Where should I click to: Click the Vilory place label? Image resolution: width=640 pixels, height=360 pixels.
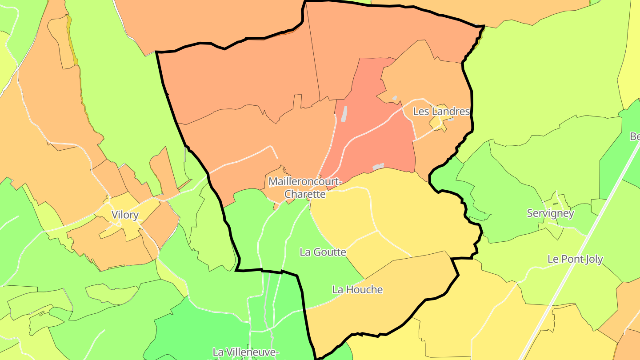(x=125, y=215)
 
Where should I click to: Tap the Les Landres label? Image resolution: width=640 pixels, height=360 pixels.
(x=441, y=112)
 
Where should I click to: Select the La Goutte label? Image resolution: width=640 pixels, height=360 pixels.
(x=323, y=252)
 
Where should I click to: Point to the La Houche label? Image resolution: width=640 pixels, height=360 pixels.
(x=357, y=290)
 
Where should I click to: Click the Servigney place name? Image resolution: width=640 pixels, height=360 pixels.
(x=550, y=213)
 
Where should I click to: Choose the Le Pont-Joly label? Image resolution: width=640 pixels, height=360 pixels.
(x=575, y=259)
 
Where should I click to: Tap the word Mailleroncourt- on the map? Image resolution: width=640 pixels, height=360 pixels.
(x=305, y=182)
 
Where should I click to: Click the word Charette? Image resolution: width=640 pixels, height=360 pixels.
(x=305, y=194)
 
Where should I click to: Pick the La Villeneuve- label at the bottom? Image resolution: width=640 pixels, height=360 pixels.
(x=245, y=352)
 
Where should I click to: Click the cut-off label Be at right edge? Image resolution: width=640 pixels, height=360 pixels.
(x=635, y=136)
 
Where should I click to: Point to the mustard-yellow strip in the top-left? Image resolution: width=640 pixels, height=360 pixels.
(x=72, y=44)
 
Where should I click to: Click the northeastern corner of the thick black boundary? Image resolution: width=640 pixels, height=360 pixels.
(x=483, y=26)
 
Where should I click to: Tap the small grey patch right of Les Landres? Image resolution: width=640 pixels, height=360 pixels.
(x=451, y=119)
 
